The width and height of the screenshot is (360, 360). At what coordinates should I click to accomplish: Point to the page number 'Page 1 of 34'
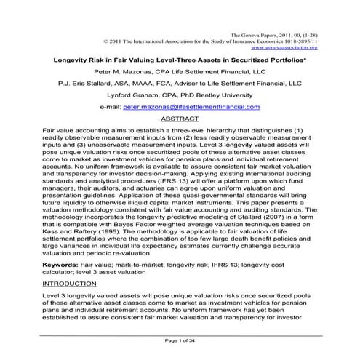pyautogui.click(x=179, y=341)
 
